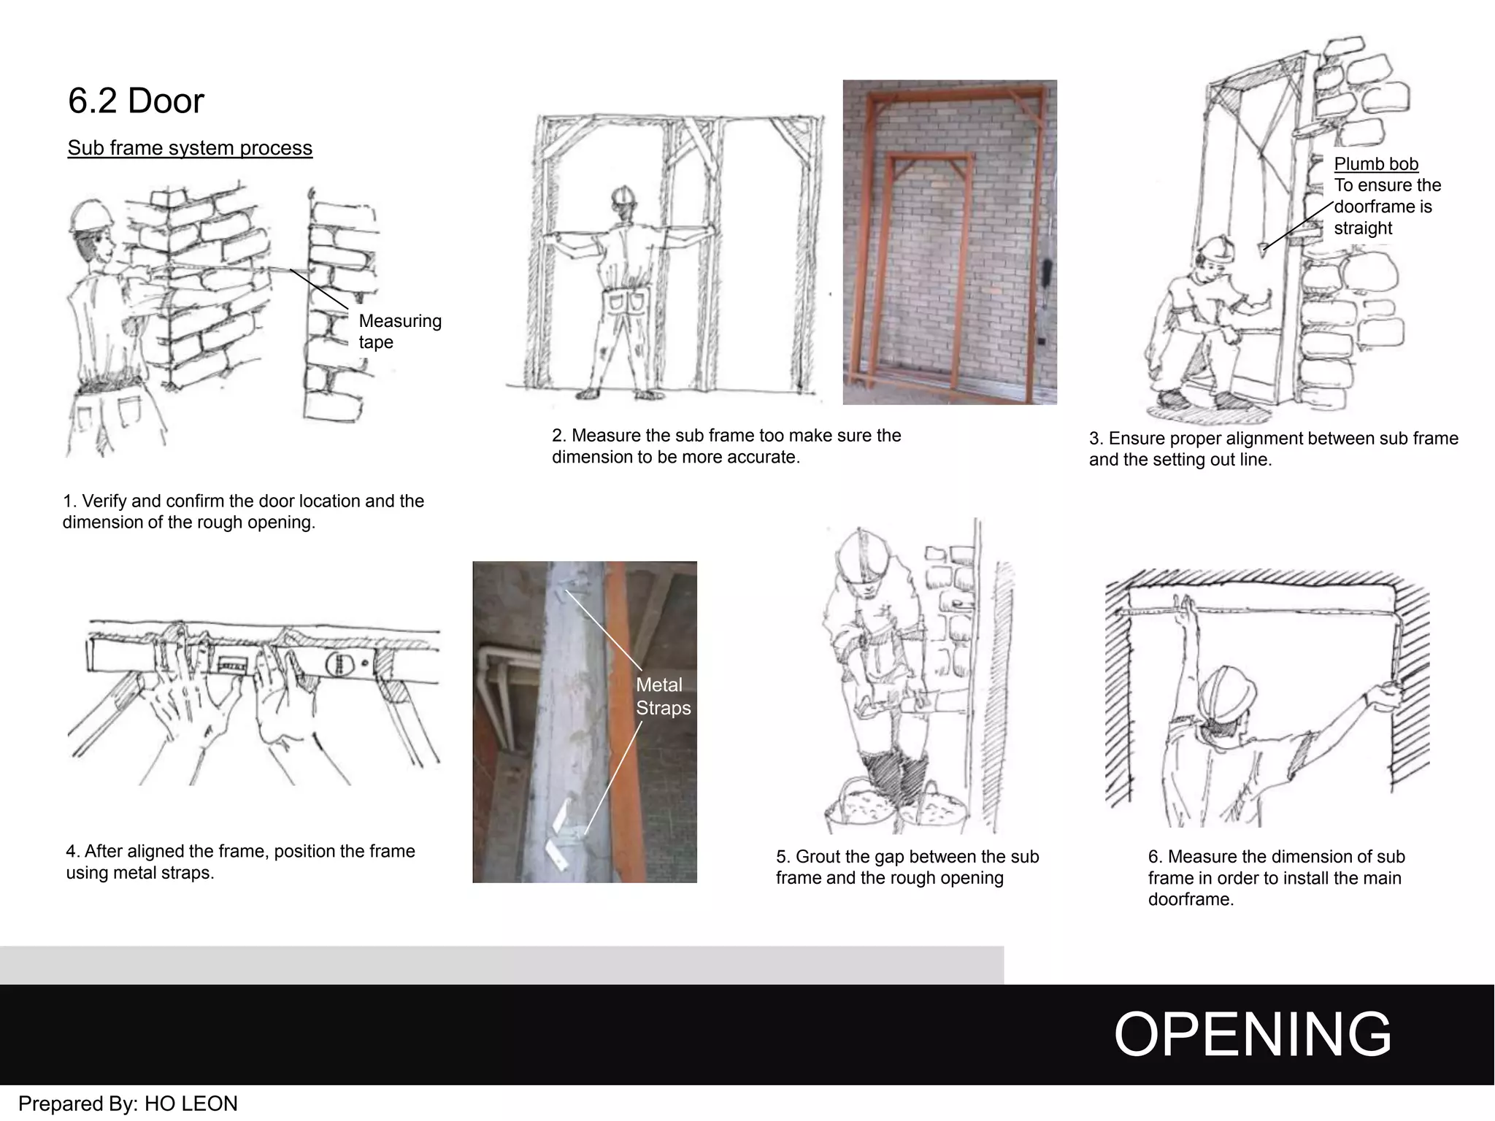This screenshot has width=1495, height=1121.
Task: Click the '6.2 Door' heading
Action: pos(136,101)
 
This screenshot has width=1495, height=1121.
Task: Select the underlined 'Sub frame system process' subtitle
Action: pos(190,148)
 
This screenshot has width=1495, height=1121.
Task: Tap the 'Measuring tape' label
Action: pos(399,331)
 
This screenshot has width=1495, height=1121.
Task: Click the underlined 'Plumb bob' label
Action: pos(1375,164)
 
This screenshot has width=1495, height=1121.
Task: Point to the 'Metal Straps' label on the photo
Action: pos(662,696)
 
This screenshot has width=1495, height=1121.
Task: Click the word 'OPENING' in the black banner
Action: pos(1252,1034)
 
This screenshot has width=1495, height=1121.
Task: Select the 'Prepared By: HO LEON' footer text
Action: pos(128,1103)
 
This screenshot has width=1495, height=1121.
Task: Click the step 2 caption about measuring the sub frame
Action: pos(726,446)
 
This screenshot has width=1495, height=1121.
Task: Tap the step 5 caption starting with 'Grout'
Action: pos(907,867)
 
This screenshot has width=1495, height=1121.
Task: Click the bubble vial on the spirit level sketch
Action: pos(231,666)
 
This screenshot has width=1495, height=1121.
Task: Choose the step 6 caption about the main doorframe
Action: pos(1275,878)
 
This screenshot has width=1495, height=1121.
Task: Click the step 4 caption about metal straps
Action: pos(240,862)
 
